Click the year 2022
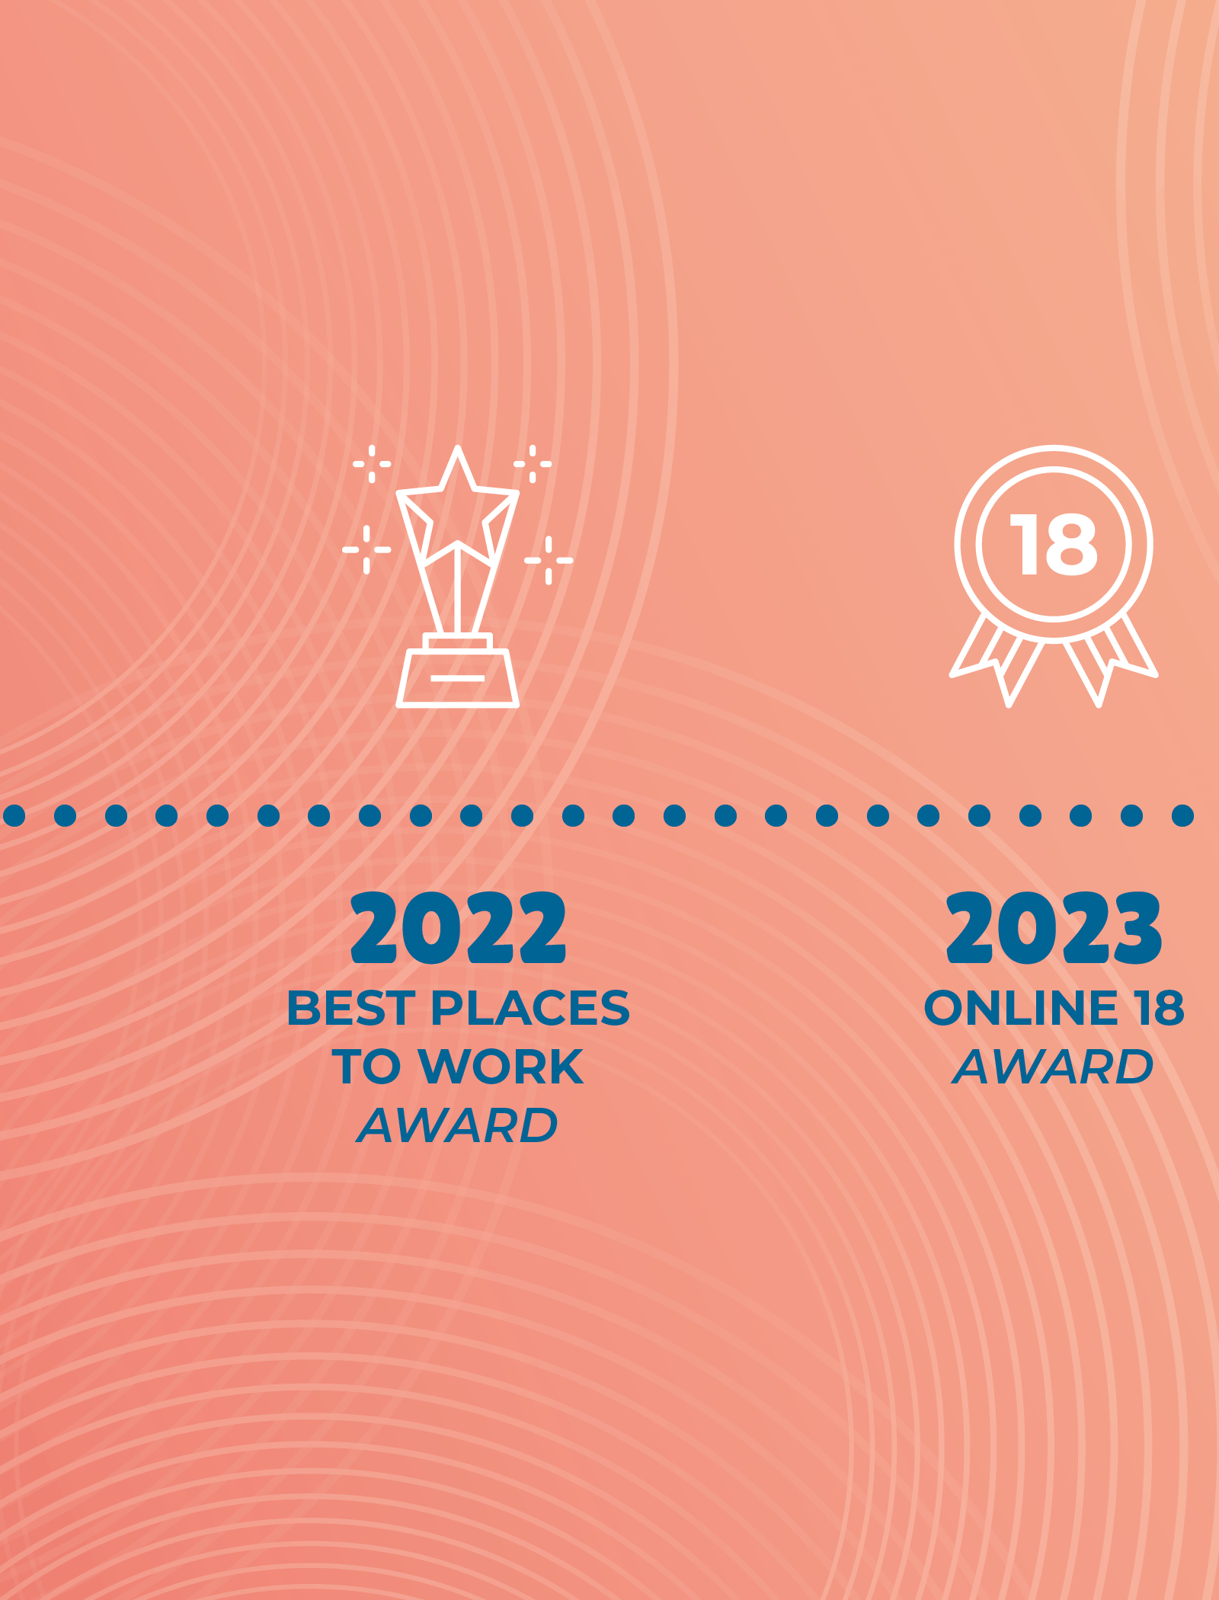[458, 928]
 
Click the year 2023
[1054, 928]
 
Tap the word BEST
[351, 1008]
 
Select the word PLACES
[530, 1008]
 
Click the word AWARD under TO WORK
[458, 1125]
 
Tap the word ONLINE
[1021, 1008]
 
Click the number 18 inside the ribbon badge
[1054, 544]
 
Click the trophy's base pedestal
[458, 677]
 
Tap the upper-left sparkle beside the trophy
[372, 463]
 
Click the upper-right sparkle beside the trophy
[533, 463]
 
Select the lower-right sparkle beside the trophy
[549, 560]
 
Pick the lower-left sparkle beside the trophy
[366, 549]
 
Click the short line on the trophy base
[457, 678]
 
